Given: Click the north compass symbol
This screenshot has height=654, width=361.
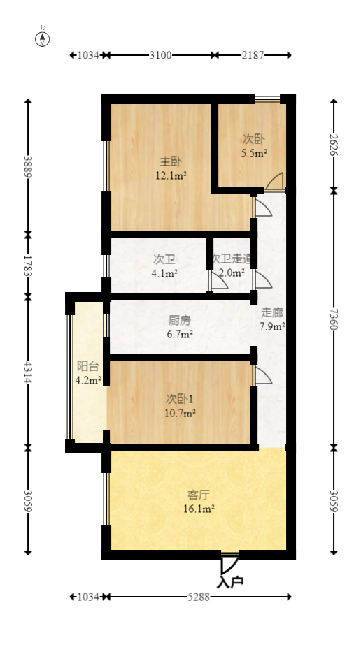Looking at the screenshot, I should coord(43,38).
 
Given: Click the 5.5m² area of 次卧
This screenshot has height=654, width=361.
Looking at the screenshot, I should coord(254,152).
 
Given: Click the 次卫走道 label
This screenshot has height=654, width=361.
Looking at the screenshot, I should coord(231,259).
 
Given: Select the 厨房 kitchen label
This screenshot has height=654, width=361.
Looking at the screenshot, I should coord(179,321).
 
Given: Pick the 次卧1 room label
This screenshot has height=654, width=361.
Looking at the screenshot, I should coord(180,399).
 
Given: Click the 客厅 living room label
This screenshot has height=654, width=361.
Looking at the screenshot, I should coord(199,495).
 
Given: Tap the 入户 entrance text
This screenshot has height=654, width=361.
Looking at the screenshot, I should coord(230,581).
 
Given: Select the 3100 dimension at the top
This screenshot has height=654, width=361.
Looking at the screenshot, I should coord(161,54).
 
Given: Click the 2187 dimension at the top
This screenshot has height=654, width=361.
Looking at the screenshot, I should coord(253,54).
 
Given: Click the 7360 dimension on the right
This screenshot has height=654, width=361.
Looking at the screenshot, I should coord(334,318).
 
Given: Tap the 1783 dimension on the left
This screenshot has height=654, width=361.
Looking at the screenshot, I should coord(28,265).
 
